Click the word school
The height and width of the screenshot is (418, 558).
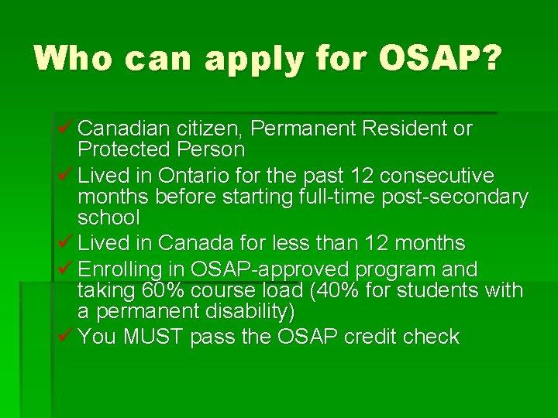tap(108, 218)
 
